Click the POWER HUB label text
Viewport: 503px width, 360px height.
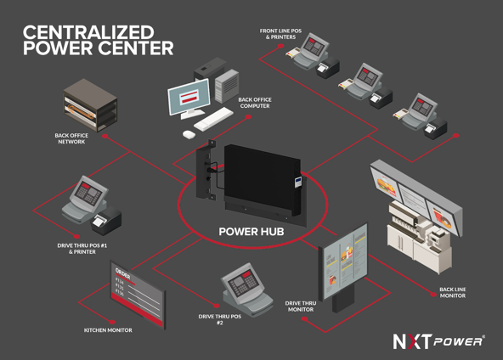pos(251,232)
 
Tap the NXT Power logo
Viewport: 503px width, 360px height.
pos(438,341)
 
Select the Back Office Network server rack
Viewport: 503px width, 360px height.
pos(90,105)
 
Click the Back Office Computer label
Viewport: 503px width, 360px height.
pos(255,103)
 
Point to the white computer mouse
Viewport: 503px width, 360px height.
pos(189,134)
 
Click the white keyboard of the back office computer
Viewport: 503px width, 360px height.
pos(213,119)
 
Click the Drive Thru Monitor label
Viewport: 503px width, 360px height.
pos(301,307)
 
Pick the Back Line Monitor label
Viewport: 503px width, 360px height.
pos(452,292)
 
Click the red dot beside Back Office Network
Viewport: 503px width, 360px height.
pos(105,136)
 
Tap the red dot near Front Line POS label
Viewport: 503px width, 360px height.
pos(280,46)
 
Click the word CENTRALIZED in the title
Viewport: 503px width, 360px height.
pos(88,32)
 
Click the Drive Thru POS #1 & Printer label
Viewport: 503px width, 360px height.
pos(82,249)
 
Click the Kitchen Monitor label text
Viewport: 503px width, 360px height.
pos(108,330)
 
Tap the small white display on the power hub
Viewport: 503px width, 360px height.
pos(298,182)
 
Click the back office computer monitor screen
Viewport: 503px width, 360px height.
pos(189,96)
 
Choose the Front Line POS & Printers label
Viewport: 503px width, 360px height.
pos(280,34)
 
